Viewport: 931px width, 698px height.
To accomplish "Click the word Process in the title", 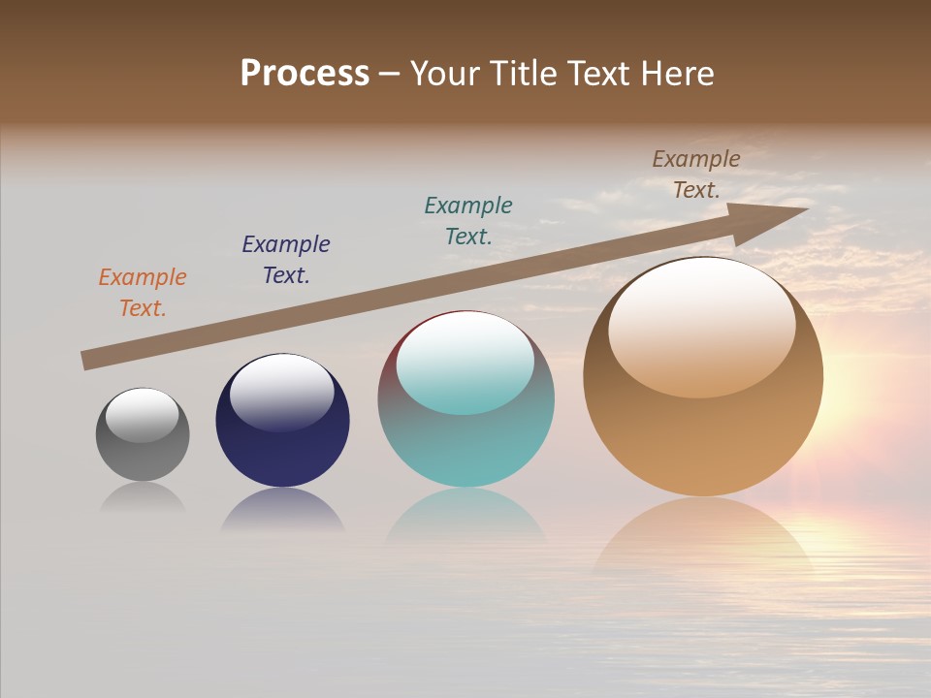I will [x=305, y=74].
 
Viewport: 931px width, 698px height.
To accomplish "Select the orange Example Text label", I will [x=143, y=293].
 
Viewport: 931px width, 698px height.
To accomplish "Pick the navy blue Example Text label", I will [x=286, y=260].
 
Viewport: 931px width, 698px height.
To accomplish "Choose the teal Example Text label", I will [x=468, y=220].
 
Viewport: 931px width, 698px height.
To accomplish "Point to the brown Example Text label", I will [x=696, y=174].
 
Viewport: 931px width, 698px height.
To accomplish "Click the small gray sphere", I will [x=143, y=451].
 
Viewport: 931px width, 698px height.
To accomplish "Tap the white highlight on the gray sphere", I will [x=143, y=415].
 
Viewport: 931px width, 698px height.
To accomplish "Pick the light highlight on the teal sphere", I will [x=465, y=363].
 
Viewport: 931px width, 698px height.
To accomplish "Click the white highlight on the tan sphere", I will [x=702, y=328].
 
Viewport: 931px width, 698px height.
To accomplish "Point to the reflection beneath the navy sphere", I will [x=282, y=511].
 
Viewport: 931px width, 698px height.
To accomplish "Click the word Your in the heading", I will [x=446, y=74].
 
